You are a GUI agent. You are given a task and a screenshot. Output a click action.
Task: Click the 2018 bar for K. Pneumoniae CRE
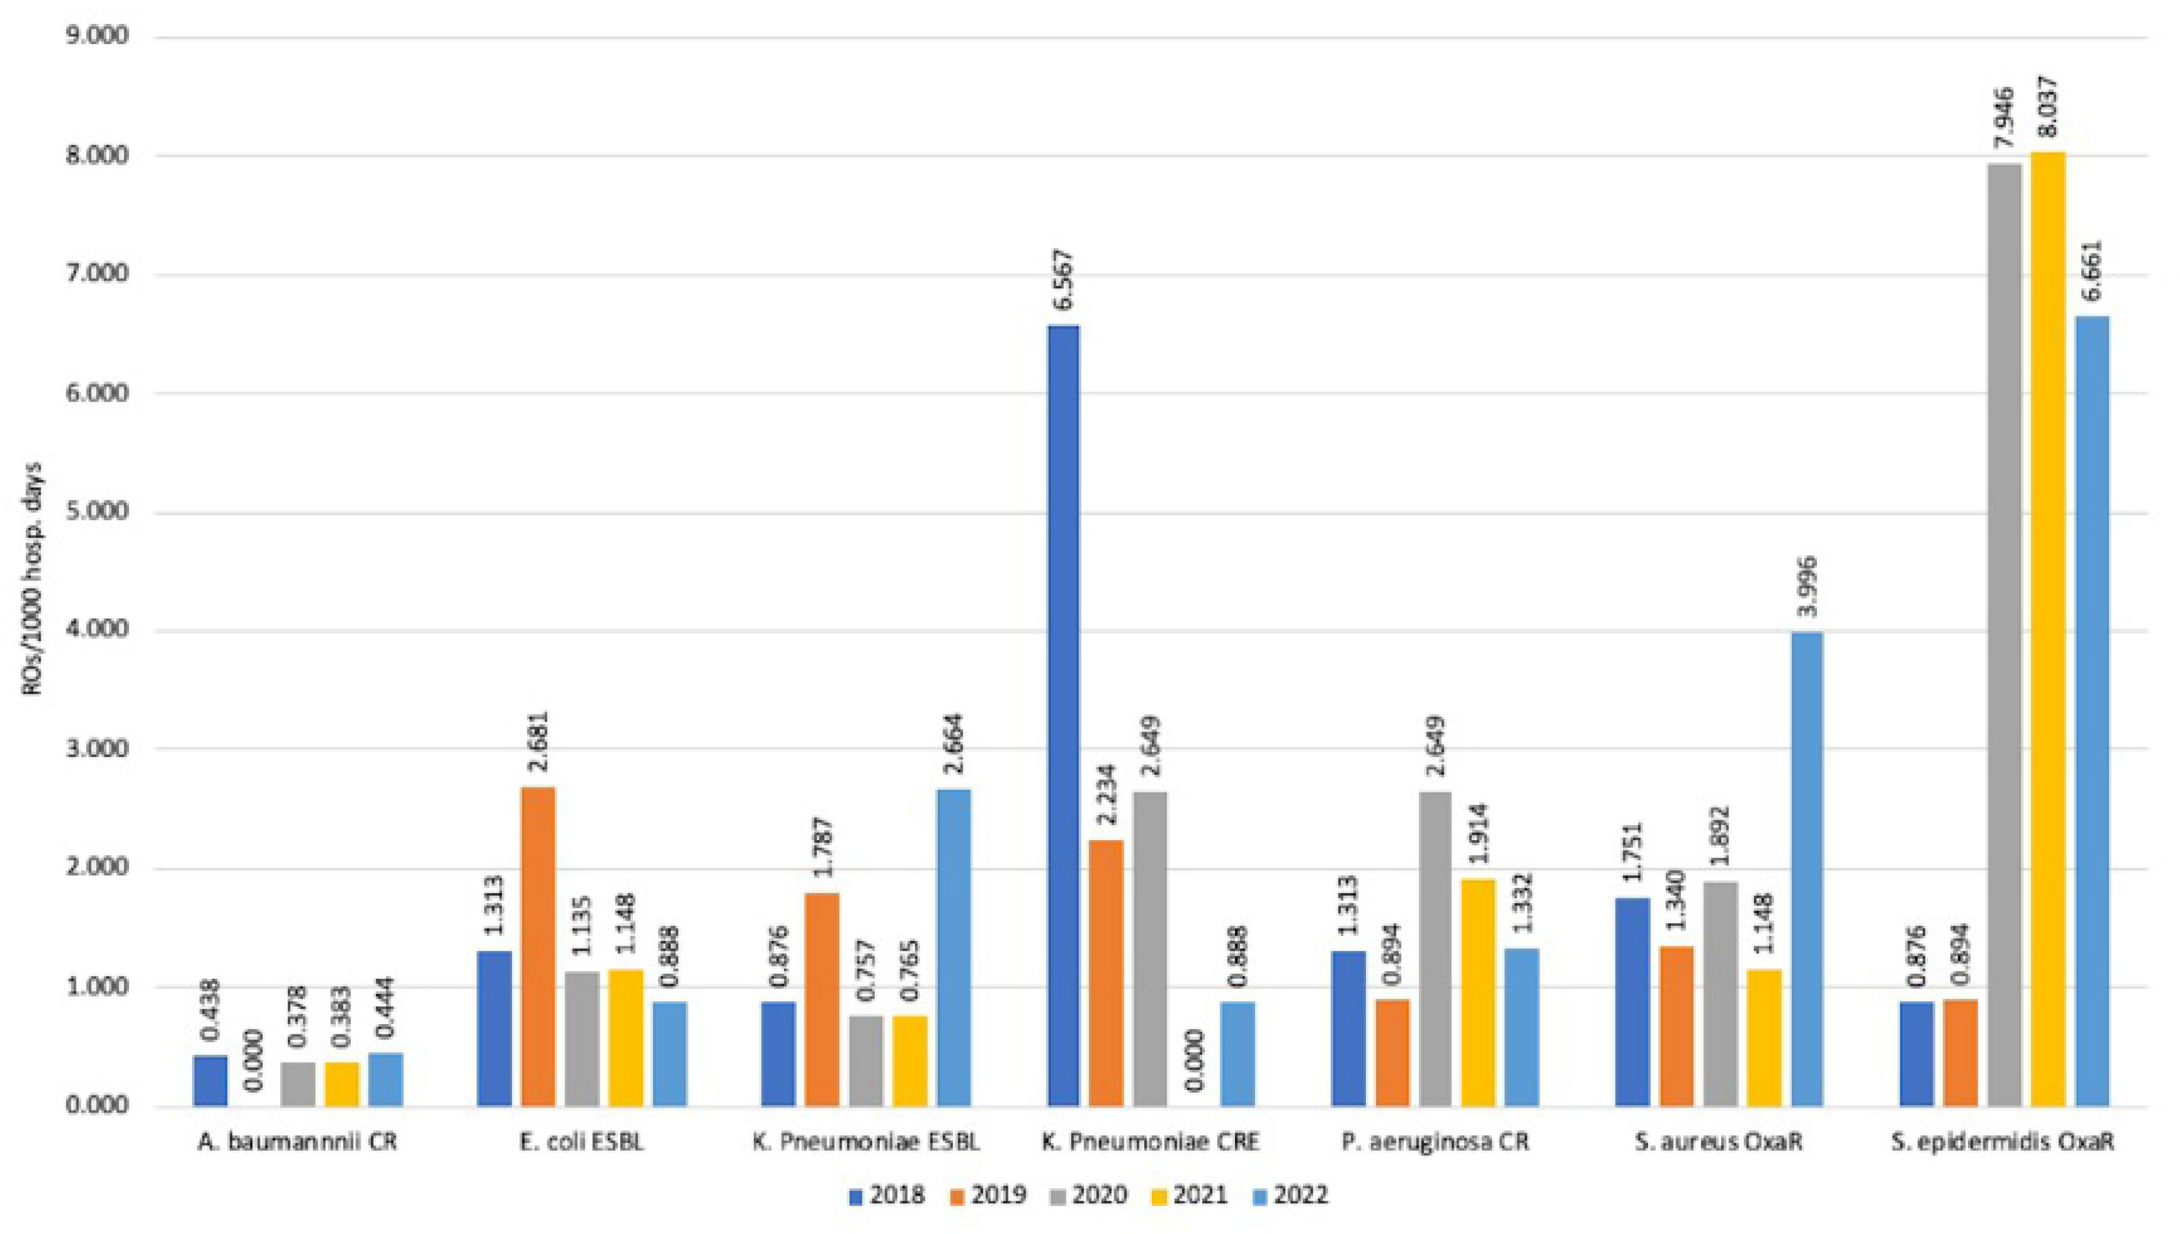click(x=1064, y=715)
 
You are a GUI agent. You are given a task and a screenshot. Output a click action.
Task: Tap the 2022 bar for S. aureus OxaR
click(x=1805, y=869)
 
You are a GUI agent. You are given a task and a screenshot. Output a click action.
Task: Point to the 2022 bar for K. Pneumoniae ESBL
click(x=954, y=948)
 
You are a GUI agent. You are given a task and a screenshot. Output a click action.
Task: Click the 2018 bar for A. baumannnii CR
click(x=210, y=1081)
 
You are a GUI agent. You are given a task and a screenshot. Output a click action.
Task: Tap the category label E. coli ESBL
click(x=581, y=1142)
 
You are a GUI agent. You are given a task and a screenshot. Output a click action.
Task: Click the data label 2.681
click(x=538, y=742)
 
